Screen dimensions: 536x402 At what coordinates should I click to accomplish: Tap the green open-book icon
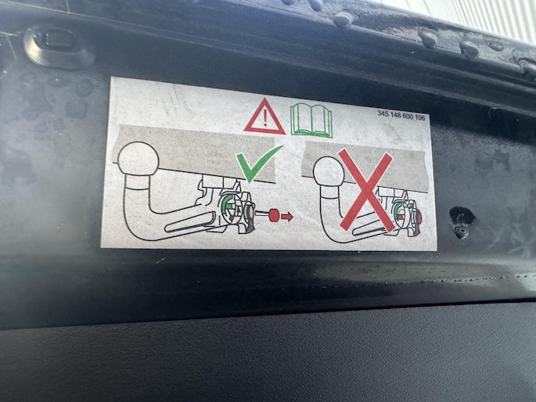(x=311, y=121)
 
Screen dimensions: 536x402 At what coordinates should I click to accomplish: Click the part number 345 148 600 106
(x=401, y=116)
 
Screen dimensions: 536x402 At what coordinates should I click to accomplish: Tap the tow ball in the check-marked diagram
(x=138, y=160)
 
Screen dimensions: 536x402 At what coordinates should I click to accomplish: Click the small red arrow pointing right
(x=287, y=216)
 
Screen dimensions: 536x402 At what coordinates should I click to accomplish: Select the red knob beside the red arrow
(x=274, y=215)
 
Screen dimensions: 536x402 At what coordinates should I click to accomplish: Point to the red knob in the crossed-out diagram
(x=418, y=217)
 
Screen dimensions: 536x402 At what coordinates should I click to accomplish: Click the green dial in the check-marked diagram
(x=226, y=206)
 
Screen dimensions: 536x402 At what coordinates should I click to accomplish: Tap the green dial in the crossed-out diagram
(x=398, y=212)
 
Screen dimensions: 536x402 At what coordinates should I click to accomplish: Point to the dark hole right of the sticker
(x=462, y=223)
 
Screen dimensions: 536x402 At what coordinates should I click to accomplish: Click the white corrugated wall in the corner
(x=495, y=17)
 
